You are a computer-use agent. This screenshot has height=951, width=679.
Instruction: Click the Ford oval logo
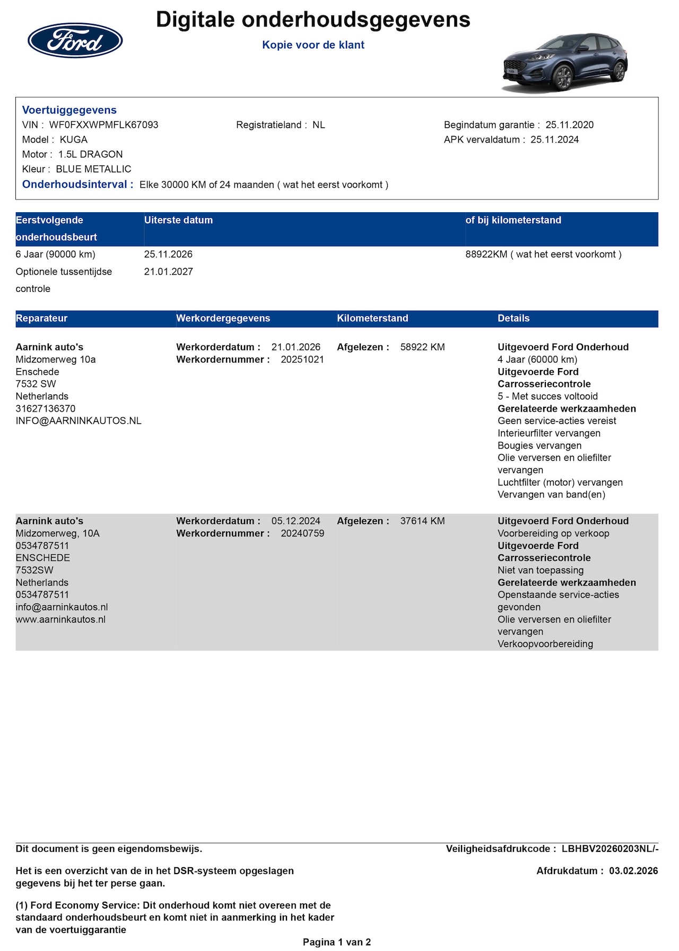pyautogui.click(x=75, y=41)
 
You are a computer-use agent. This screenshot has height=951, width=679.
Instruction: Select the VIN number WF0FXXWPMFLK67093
pyautogui.click(x=103, y=125)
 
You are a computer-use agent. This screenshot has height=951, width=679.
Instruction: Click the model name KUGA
pyautogui.click(x=73, y=140)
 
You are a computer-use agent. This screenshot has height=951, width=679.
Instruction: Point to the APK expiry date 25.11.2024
pyautogui.click(x=554, y=140)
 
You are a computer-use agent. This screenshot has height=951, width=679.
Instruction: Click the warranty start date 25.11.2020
pyautogui.click(x=569, y=125)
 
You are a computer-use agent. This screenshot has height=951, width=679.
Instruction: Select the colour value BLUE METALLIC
pyautogui.click(x=93, y=169)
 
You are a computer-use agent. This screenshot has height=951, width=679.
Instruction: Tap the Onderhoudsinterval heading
pyautogui.click(x=77, y=185)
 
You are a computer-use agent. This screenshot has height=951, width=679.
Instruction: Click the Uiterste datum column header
pyautogui.click(x=178, y=220)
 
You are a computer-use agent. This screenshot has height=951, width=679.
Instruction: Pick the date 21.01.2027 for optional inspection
pyautogui.click(x=168, y=272)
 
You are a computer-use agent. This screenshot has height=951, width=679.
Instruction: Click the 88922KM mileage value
pyautogui.click(x=486, y=255)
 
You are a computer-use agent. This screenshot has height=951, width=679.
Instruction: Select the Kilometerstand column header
pyautogui.click(x=372, y=318)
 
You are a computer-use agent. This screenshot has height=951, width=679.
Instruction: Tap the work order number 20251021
pyautogui.click(x=302, y=360)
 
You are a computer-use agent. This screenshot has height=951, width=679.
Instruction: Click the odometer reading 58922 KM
pyautogui.click(x=422, y=347)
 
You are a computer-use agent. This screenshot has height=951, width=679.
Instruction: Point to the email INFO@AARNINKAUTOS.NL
pyautogui.click(x=79, y=421)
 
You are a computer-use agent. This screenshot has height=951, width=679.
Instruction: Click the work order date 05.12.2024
pyautogui.click(x=295, y=521)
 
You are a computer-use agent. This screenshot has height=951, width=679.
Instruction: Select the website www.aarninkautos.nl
pyautogui.click(x=60, y=620)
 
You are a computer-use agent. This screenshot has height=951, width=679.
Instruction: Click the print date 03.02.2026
pyautogui.click(x=633, y=871)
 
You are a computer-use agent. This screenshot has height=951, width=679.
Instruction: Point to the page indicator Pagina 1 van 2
pyautogui.click(x=337, y=943)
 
